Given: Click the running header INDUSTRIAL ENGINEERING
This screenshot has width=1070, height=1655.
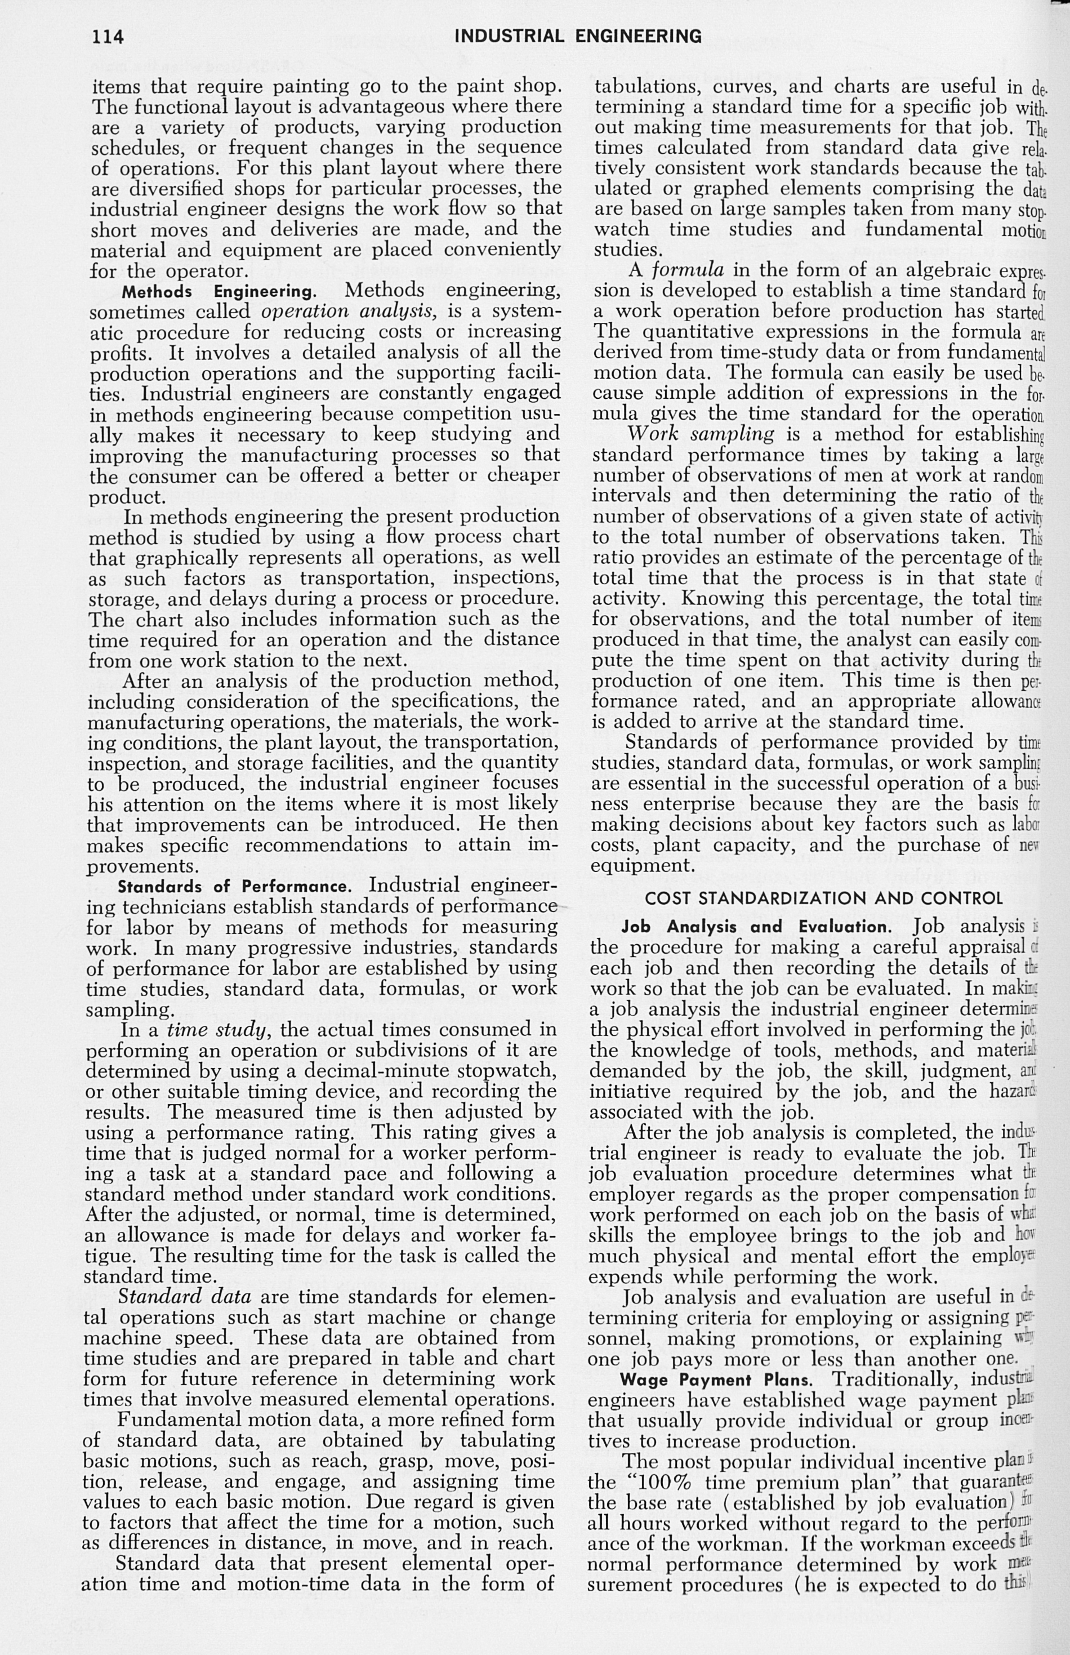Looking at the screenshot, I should (x=578, y=36).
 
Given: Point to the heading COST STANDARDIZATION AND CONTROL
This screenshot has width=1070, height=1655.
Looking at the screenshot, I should (x=824, y=898).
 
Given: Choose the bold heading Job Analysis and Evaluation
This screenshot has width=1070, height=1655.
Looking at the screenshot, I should (x=755, y=927).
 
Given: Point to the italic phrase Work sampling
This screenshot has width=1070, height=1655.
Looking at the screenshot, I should (x=701, y=434).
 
